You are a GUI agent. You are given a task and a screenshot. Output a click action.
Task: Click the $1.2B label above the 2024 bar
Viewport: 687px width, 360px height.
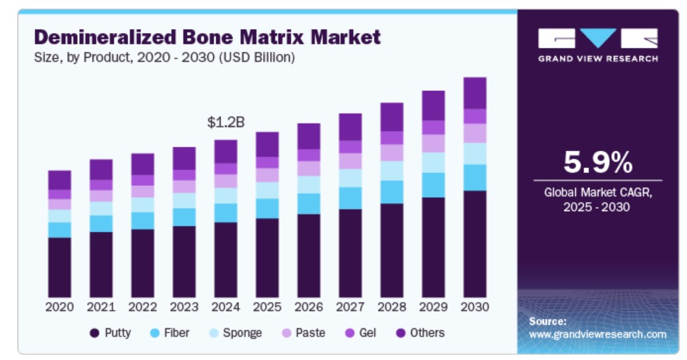tap(226, 123)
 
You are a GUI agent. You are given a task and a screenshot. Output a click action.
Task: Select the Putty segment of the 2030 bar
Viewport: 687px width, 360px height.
tap(475, 244)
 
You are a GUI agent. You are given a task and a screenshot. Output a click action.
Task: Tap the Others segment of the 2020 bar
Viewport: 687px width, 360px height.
tap(59, 180)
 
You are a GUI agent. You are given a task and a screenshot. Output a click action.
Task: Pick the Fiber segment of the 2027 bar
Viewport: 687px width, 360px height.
tap(350, 198)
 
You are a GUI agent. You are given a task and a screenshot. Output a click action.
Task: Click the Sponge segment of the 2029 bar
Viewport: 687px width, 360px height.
tap(433, 163)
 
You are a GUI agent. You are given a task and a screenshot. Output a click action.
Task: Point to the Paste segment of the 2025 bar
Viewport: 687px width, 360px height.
tap(267, 175)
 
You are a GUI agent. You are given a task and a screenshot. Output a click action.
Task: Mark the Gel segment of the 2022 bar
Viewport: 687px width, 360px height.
tap(142, 180)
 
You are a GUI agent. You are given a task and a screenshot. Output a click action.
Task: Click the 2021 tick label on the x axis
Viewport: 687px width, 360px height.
tap(101, 307)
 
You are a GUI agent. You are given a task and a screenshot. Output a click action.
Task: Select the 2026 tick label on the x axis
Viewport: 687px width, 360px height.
tap(309, 307)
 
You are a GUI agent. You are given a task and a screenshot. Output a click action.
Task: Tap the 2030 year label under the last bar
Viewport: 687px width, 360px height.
tap(475, 307)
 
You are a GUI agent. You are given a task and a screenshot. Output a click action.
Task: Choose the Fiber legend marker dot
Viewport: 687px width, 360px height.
tap(156, 333)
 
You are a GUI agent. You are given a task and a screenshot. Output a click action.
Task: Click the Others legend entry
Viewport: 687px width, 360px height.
tap(419, 333)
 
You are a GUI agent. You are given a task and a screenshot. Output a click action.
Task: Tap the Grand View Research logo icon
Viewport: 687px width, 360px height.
tap(597, 38)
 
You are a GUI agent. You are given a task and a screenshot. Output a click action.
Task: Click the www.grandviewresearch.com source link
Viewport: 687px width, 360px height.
tap(597, 334)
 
